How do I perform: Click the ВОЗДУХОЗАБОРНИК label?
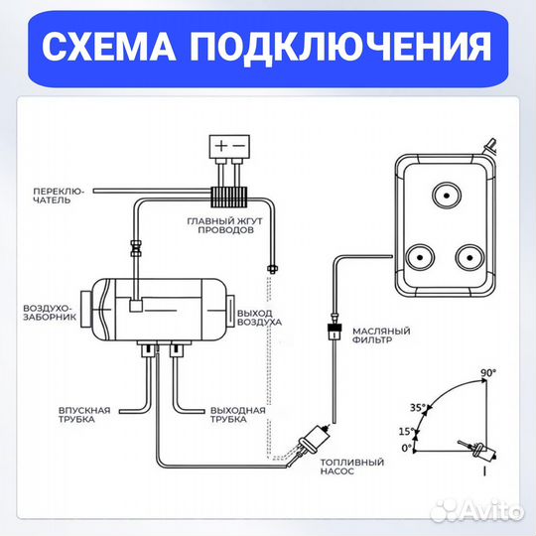point(47,314)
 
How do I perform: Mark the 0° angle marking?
point(404,449)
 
